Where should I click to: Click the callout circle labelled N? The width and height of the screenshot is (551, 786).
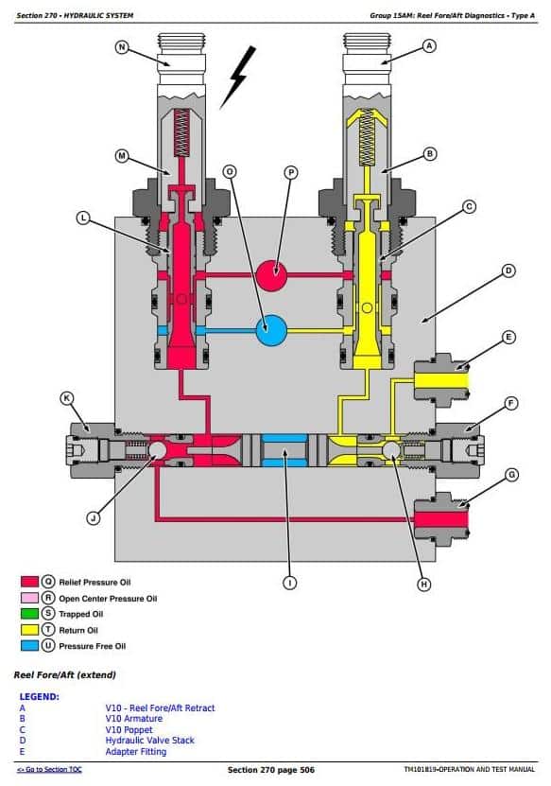122,47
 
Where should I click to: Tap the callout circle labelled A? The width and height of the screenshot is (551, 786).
429,46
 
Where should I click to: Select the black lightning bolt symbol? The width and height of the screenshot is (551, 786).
238,77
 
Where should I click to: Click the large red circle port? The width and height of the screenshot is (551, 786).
271,275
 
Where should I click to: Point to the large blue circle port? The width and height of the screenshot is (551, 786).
271,330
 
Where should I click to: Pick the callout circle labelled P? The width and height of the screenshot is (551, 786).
291,172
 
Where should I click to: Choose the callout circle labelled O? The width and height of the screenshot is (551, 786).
230,172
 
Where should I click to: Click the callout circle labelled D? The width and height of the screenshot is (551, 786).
508,271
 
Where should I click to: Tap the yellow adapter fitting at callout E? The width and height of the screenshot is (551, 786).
441,381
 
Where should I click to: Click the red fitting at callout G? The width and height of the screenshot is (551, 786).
441,519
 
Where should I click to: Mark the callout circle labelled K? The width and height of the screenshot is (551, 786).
66,398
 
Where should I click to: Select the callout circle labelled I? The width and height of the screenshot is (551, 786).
289,583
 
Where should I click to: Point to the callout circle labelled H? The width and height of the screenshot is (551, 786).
423,584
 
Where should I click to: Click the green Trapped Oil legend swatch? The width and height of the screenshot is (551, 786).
29,614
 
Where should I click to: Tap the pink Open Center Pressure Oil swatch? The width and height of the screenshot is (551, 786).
29,598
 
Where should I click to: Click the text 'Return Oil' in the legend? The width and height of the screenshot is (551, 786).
78,630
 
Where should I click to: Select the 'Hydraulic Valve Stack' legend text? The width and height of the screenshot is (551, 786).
149,741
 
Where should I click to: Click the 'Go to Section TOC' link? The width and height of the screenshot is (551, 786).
49,770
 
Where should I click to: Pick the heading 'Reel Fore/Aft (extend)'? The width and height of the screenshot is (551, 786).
65,674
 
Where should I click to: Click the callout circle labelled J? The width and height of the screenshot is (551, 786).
94,517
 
